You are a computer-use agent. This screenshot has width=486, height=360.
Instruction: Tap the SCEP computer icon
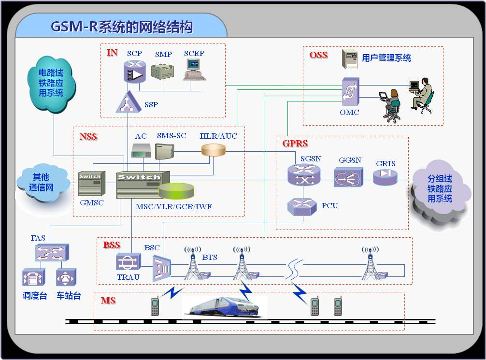pos(194,69)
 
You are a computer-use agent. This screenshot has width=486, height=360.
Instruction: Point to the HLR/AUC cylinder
pos(213,150)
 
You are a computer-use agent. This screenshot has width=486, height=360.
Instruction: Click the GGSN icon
pos(348,177)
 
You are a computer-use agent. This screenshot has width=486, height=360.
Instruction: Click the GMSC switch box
pos(90,184)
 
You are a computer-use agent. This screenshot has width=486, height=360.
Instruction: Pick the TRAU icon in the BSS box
pos(128,262)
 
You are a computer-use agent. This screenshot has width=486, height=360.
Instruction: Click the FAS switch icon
pos(51,253)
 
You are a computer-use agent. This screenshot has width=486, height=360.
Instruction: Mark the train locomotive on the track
pos(225,307)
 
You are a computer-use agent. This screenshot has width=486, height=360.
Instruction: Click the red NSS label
pos(88,137)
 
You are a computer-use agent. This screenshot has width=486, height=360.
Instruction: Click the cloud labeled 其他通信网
pos(41,183)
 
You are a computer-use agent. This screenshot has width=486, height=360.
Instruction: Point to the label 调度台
pos(35,296)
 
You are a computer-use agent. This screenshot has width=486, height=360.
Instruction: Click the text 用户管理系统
pos(386,58)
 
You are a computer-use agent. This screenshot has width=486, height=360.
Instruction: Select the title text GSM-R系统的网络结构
pos(122,27)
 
